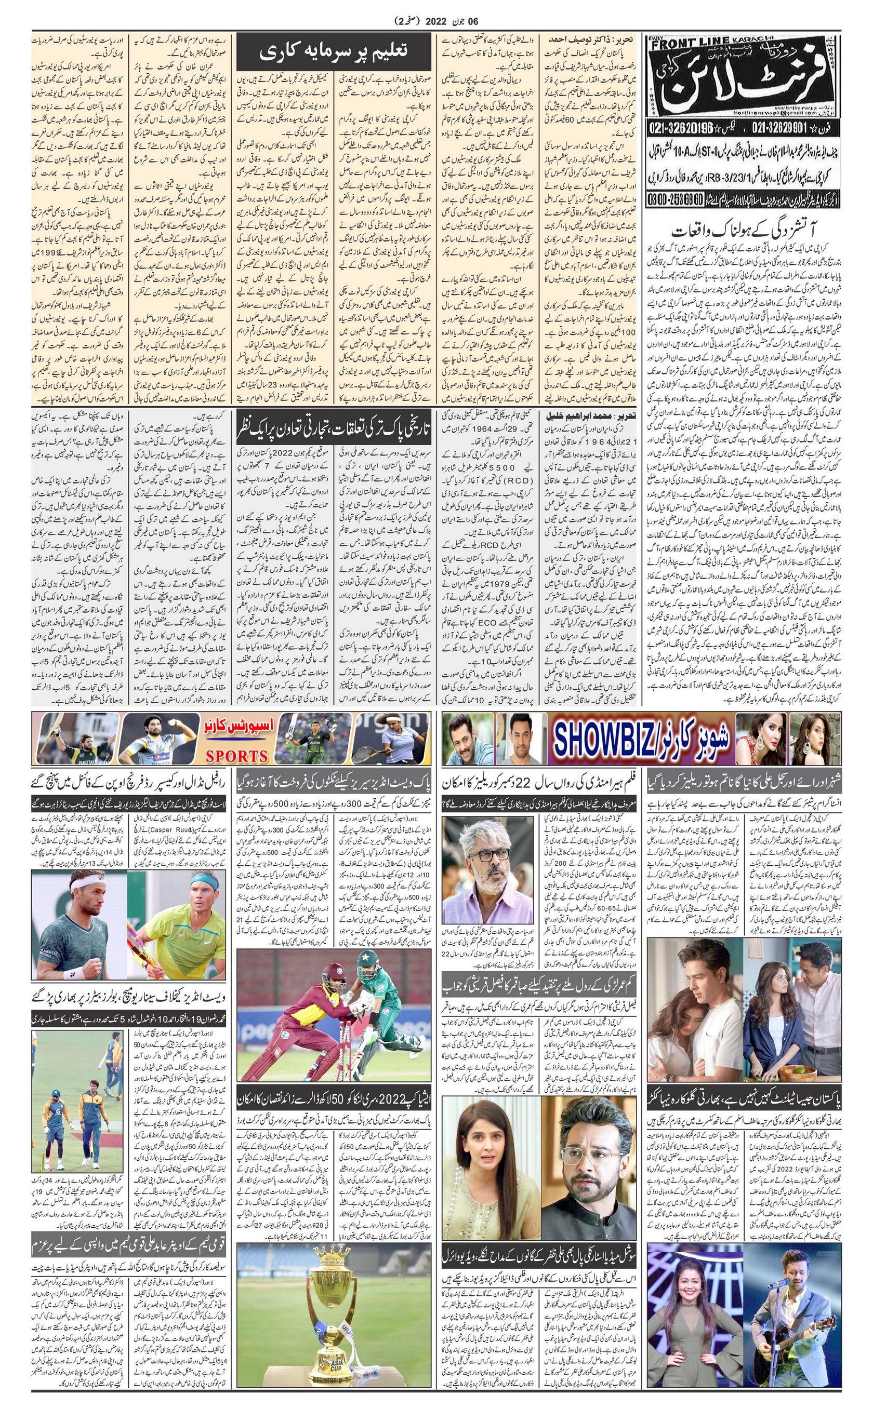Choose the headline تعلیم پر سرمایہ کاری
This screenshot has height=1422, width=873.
[333, 51]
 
